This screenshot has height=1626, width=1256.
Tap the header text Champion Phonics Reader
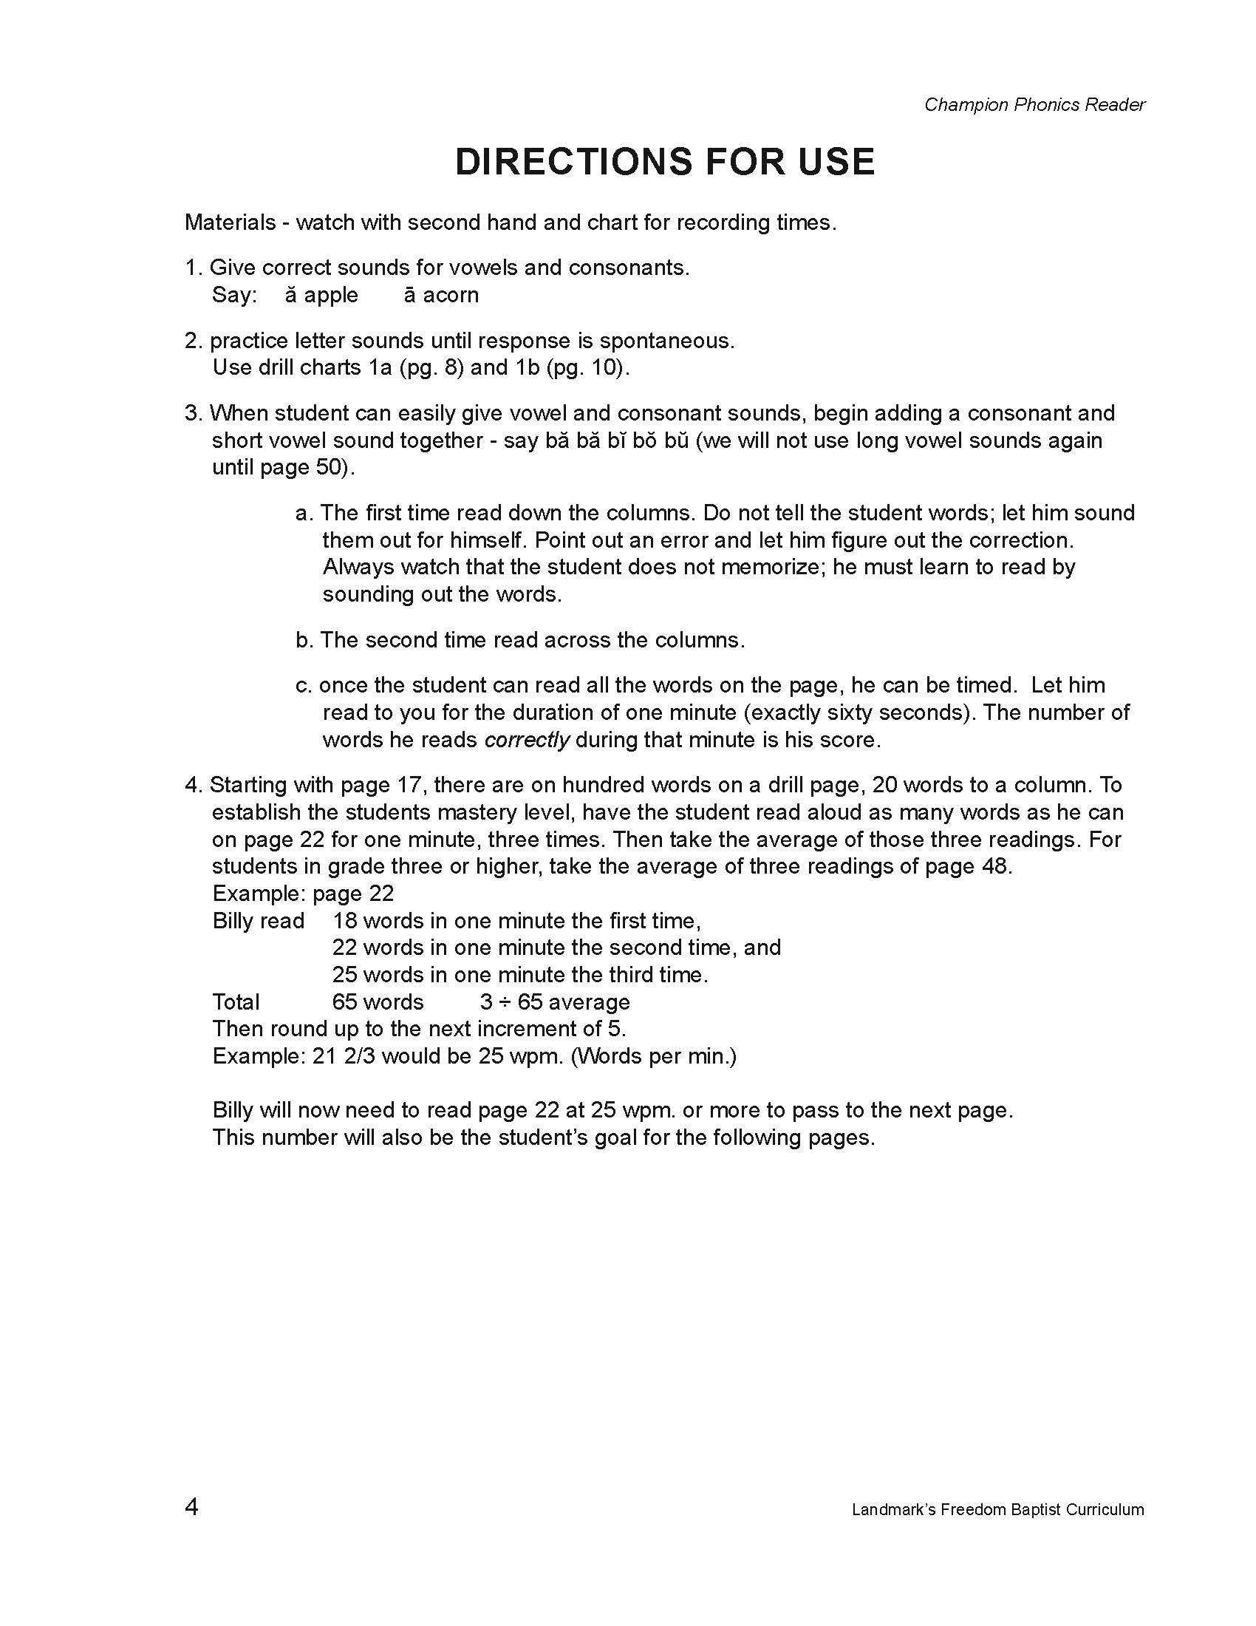[x=1034, y=105]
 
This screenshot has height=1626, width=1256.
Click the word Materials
[x=230, y=222]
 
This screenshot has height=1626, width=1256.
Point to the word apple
[x=331, y=295]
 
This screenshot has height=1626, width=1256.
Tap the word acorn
[x=451, y=295]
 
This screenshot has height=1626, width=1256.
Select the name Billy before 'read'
[x=233, y=921]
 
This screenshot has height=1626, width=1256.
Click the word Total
[x=236, y=1002]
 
